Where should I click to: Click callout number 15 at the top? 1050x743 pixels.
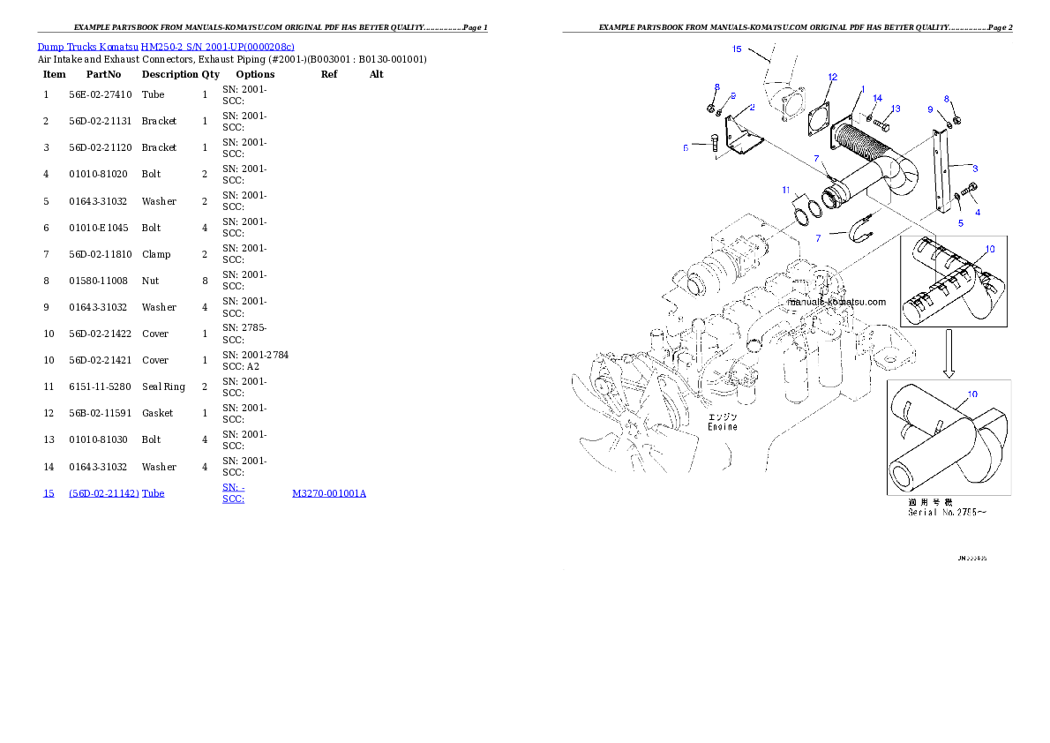tap(737, 49)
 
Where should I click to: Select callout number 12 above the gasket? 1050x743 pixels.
tap(831, 78)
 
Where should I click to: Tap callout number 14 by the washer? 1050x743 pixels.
tap(877, 98)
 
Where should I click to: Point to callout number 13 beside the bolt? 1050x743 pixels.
tap(895, 109)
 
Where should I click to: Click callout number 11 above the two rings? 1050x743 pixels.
tap(785, 190)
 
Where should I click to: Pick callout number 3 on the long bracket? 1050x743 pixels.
tap(975, 168)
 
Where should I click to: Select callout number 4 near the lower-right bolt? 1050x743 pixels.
tap(977, 212)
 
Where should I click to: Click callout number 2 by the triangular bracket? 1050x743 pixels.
tap(752, 108)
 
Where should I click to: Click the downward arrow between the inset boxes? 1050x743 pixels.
tap(949, 354)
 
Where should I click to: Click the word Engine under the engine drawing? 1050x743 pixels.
tap(722, 426)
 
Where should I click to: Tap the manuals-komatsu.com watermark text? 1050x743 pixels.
tap(836, 301)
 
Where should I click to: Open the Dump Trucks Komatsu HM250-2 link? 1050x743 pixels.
tap(166, 46)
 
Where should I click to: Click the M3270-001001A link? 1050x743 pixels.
tap(329, 493)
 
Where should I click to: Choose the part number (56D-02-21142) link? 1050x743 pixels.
tap(103, 493)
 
